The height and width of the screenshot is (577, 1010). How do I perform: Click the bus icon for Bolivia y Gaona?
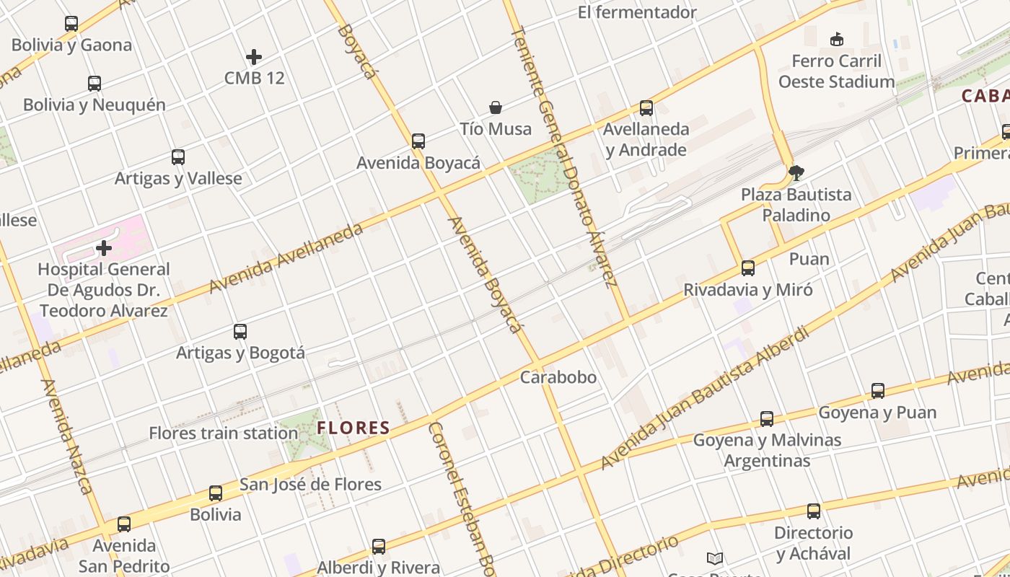click(x=71, y=24)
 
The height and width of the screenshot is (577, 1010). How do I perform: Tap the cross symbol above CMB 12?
click(x=254, y=56)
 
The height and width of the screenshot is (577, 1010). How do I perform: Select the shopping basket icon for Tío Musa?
click(x=496, y=107)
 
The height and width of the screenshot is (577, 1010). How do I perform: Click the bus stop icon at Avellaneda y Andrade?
click(x=646, y=108)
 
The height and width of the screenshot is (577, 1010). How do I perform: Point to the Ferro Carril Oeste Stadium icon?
click(x=837, y=39)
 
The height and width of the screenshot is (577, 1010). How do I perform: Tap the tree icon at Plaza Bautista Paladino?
click(x=796, y=173)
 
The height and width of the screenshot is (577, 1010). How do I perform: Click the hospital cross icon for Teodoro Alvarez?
click(x=104, y=248)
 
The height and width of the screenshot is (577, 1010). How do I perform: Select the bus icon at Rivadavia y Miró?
click(x=748, y=268)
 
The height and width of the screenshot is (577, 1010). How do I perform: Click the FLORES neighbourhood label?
click(x=353, y=428)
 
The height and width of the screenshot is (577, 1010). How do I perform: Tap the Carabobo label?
click(x=558, y=377)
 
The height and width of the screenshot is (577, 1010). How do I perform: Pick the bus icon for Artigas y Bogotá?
click(x=240, y=332)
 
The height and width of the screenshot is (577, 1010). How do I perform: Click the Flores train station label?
click(x=223, y=433)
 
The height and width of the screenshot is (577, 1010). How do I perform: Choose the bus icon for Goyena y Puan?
click(x=878, y=391)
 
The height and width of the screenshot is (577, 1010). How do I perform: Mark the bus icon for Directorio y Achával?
click(x=814, y=511)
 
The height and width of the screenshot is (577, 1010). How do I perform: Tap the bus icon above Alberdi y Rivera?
click(x=379, y=547)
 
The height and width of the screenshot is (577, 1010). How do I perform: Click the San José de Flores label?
click(x=310, y=484)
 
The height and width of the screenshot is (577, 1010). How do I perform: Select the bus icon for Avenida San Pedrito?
click(x=124, y=524)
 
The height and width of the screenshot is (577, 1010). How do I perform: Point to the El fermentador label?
click(x=637, y=12)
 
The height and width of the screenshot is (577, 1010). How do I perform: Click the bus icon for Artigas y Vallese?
click(x=178, y=157)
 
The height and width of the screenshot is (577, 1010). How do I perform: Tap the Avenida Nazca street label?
click(x=66, y=437)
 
